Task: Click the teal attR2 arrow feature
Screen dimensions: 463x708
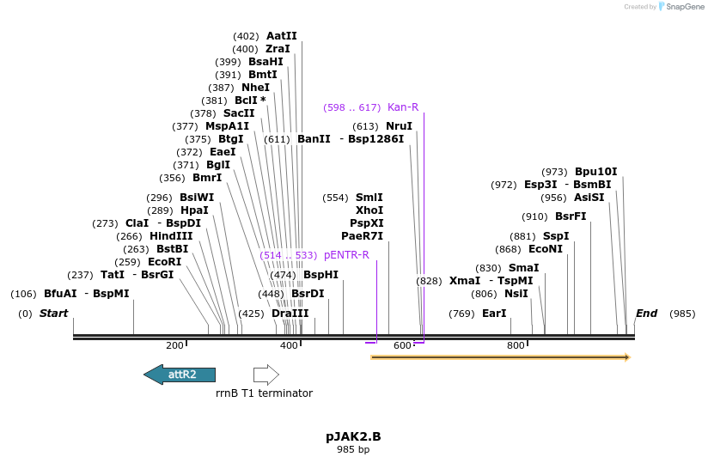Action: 180,375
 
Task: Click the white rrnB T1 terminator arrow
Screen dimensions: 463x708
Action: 266,375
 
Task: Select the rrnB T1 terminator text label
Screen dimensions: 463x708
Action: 264,393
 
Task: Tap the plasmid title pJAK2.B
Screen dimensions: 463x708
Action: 353,436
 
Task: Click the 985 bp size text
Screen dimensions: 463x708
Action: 353,449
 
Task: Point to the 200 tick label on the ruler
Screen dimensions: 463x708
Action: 174,345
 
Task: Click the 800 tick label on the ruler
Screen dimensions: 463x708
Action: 516,345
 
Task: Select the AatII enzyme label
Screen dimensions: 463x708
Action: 281,36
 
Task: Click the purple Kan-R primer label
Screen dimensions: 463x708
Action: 403,107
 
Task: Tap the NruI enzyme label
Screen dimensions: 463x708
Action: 399,125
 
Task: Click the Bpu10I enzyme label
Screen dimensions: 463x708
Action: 595,172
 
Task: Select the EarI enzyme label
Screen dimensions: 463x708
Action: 494,314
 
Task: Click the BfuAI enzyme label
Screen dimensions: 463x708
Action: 60,294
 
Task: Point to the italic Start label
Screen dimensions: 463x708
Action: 53,314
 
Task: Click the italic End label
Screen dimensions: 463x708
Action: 646,314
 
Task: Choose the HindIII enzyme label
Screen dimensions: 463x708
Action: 171,236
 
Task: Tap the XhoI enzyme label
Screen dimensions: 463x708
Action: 369,210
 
